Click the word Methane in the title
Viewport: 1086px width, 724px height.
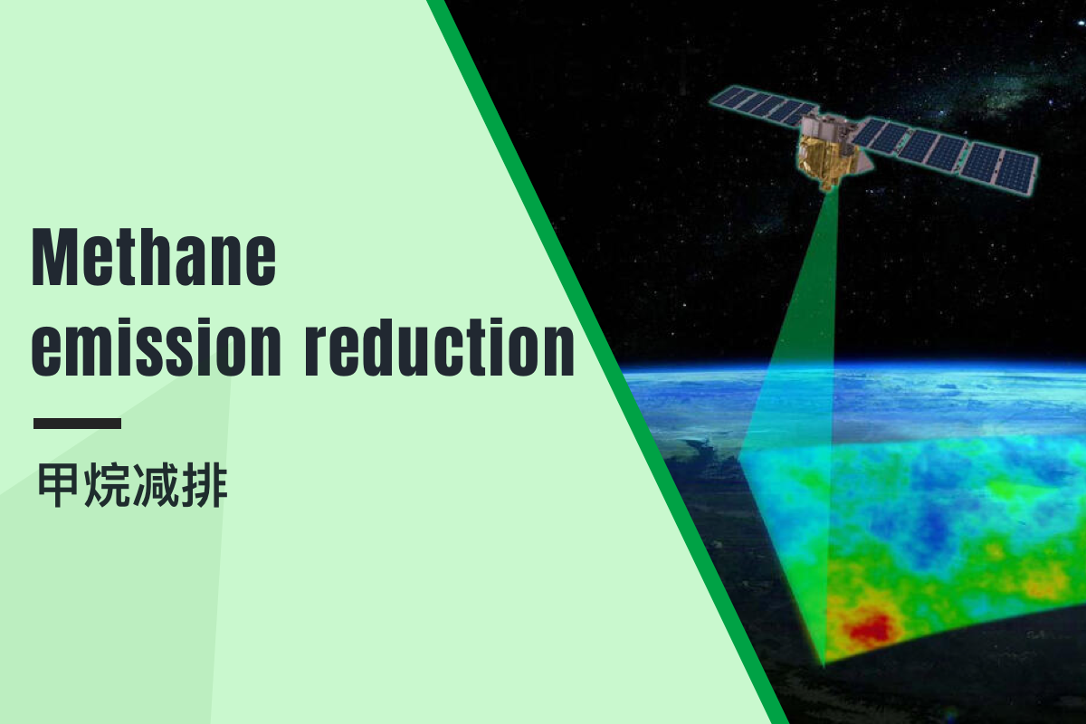point(154,257)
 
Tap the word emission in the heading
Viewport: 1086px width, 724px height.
point(156,348)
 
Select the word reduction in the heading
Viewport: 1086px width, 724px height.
point(440,348)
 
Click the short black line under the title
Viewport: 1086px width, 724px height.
point(78,424)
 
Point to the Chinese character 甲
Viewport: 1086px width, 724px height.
point(58,485)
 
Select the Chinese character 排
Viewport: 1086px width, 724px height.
point(205,485)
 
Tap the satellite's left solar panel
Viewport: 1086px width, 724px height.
point(761,105)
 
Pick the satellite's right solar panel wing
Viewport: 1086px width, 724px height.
point(946,153)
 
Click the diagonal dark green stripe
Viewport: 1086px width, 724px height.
point(607,362)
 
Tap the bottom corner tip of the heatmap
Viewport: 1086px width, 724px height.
point(823,666)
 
